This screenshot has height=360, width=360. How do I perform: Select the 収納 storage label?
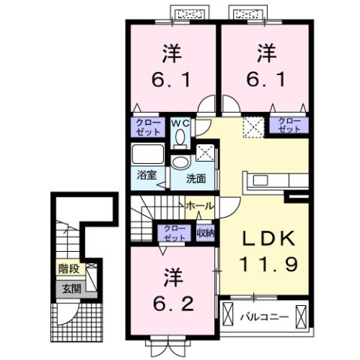coord(204,234)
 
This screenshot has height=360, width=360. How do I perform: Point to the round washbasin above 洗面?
coord(180,163)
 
